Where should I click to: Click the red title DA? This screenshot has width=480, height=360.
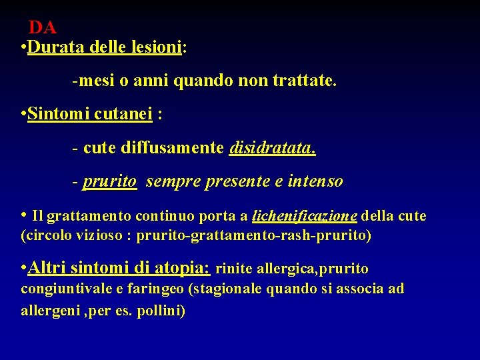point(42,28)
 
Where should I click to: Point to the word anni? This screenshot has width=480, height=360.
point(151,82)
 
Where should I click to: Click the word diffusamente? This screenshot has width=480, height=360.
point(172,147)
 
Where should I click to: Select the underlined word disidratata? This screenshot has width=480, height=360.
point(272,147)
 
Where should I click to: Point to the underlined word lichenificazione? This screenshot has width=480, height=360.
point(305,216)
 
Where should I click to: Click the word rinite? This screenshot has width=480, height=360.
point(233,269)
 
